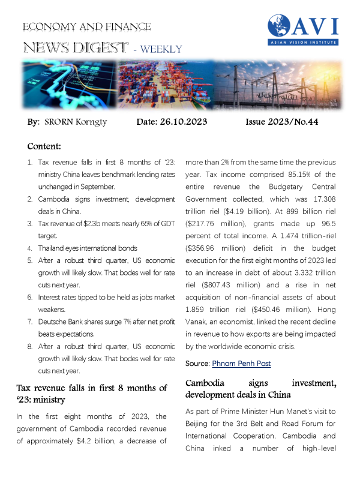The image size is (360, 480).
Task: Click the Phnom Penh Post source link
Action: pos(241,364)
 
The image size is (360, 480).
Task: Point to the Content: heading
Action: pos(49,146)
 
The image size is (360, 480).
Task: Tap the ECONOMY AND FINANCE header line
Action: pos(86,27)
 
